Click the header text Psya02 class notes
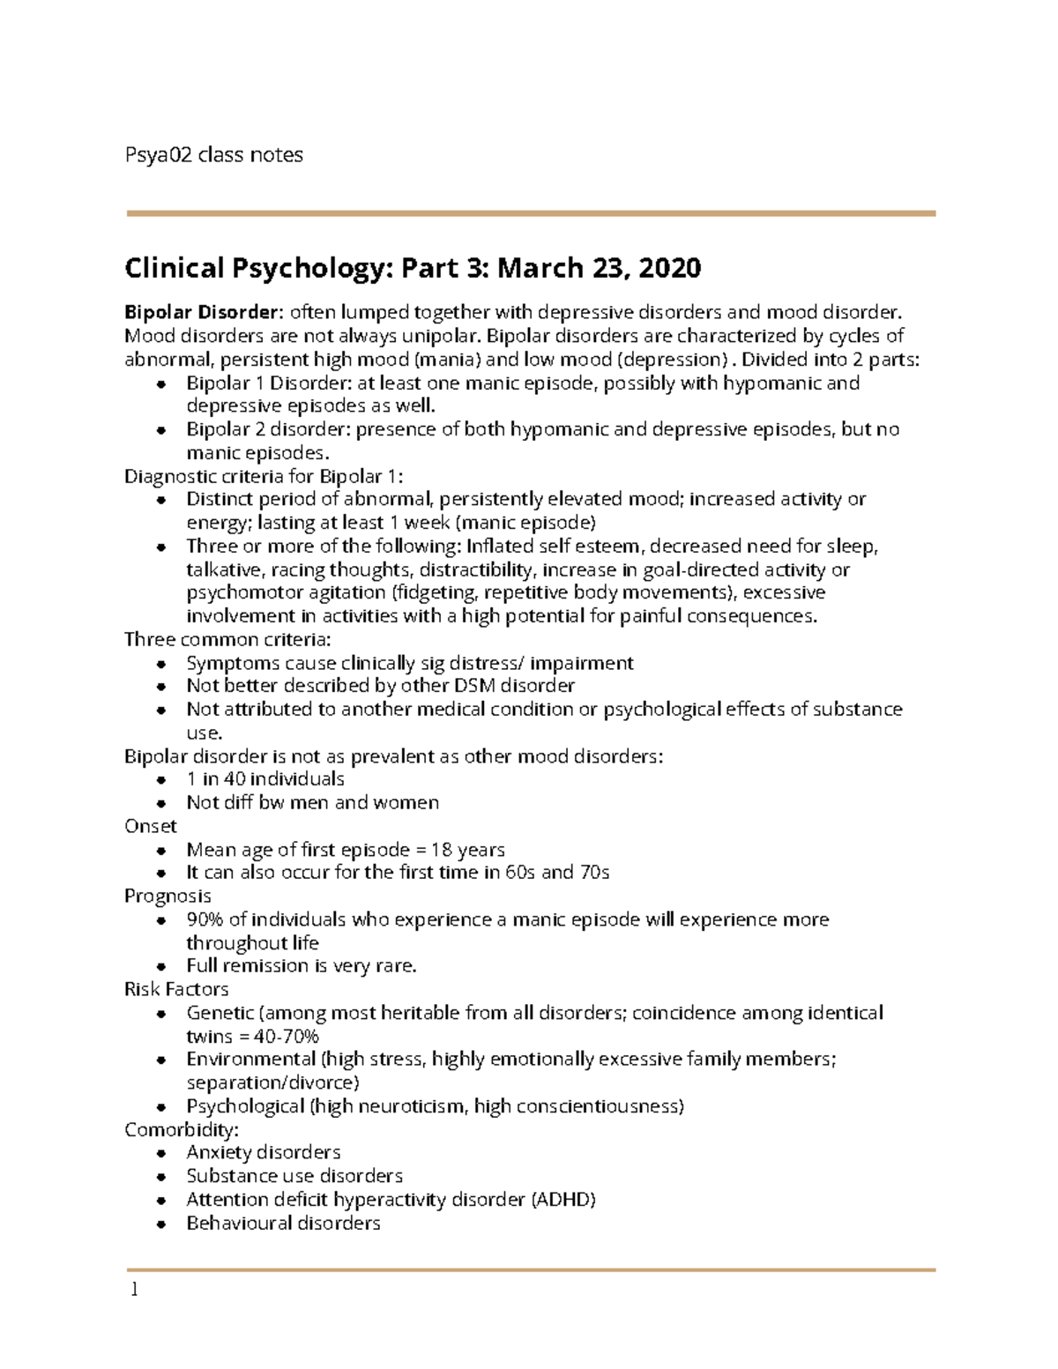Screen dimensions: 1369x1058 point(213,155)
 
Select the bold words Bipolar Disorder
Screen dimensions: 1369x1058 point(201,312)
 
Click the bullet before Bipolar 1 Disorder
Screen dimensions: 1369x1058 point(161,384)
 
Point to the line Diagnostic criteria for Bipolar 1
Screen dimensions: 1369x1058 point(264,477)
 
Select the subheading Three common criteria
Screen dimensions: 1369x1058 point(227,639)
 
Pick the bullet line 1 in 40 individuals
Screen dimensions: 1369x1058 point(264,779)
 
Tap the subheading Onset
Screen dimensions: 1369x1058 point(151,826)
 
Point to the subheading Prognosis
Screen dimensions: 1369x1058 point(168,896)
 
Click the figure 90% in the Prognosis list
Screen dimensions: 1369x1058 point(205,919)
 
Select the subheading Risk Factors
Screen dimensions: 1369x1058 point(176,989)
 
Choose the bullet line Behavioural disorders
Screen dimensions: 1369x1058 point(283,1224)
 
